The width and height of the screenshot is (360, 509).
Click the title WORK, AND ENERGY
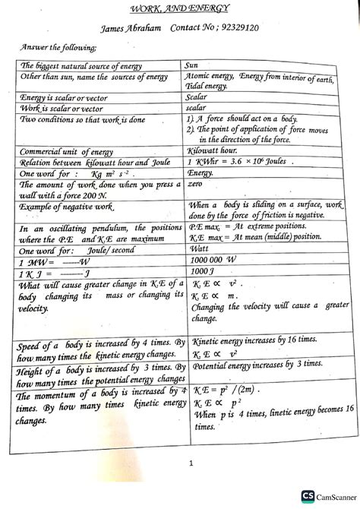(180, 6)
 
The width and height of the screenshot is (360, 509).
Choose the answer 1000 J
(205, 270)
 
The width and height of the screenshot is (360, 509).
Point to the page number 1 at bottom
(180, 463)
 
